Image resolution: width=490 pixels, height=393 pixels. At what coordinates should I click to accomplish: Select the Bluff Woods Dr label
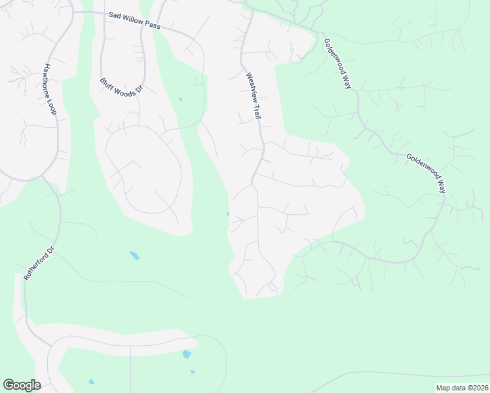click(x=121, y=88)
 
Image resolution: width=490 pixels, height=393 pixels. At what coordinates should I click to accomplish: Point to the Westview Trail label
click(x=254, y=96)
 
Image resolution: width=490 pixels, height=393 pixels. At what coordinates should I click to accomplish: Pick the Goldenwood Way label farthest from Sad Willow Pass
click(x=426, y=173)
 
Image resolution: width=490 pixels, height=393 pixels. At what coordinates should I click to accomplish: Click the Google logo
click(x=22, y=385)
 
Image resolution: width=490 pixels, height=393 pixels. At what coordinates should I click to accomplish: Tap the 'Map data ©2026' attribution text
click(x=462, y=388)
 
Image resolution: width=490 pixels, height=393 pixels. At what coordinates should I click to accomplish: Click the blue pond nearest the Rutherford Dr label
click(x=134, y=255)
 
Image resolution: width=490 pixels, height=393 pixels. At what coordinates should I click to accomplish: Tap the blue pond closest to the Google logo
click(x=92, y=381)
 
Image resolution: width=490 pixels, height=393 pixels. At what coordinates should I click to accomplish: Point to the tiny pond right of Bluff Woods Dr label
click(x=180, y=100)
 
